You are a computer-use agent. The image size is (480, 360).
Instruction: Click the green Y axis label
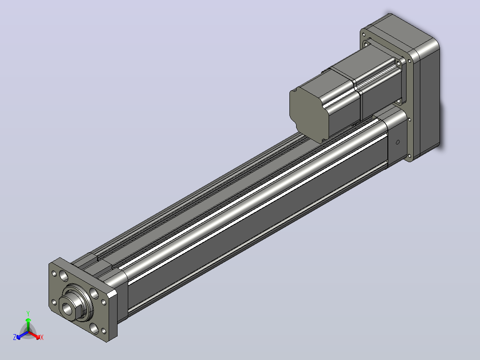[x=28, y=313]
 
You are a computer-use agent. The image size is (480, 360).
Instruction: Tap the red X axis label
[x=42, y=337]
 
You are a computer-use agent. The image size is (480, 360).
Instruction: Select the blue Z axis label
[x=15, y=337]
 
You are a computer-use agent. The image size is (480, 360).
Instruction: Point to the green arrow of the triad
[x=28, y=325]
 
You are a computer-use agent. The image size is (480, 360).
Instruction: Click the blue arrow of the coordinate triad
[x=22, y=335]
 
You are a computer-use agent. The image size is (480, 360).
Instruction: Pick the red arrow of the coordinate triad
[x=34, y=335]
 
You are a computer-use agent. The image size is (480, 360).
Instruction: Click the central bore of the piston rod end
[x=67, y=308]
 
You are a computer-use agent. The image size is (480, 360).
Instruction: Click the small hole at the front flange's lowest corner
[x=103, y=331]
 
